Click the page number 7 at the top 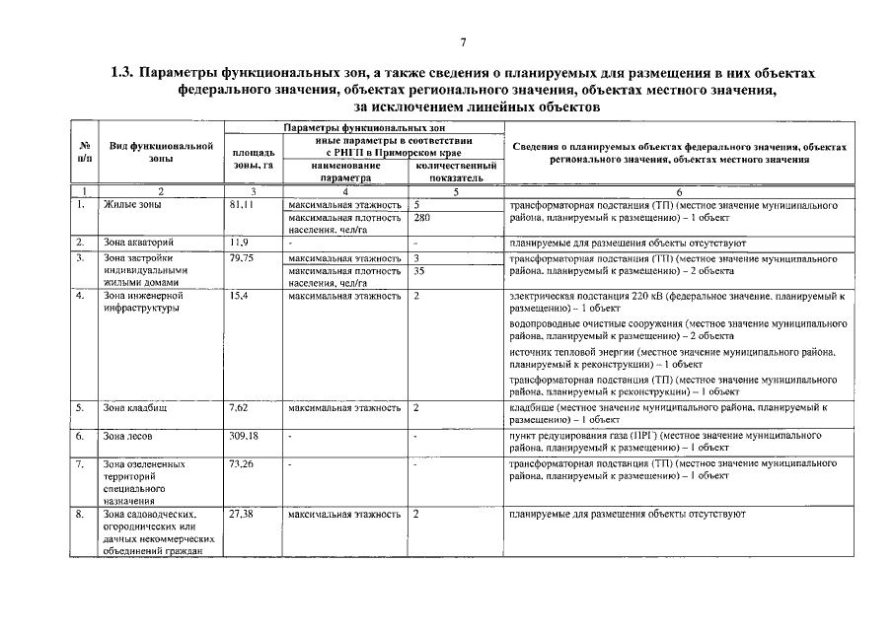(462, 43)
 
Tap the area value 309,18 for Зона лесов (243, 435)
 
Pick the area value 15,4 (238, 296)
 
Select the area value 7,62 (239, 406)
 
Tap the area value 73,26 (241, 462)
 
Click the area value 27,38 (241, 515)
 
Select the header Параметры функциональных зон (364, 128)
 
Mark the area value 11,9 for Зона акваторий (238, 242)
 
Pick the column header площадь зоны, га (253, 159)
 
